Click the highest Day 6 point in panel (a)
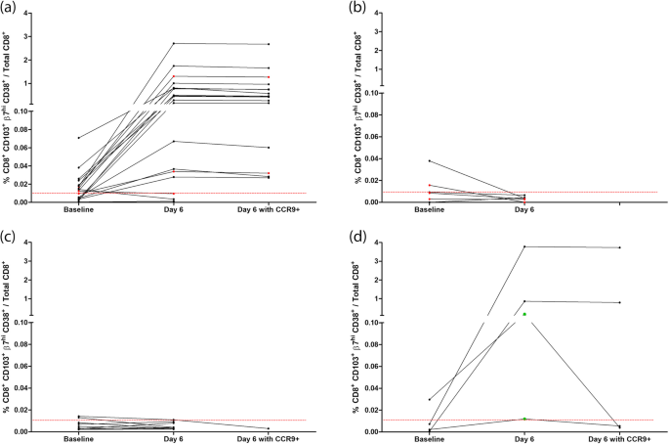174,43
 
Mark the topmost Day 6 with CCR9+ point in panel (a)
269,44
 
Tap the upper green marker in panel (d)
524,314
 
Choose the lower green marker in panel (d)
524,419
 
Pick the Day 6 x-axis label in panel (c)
174,439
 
